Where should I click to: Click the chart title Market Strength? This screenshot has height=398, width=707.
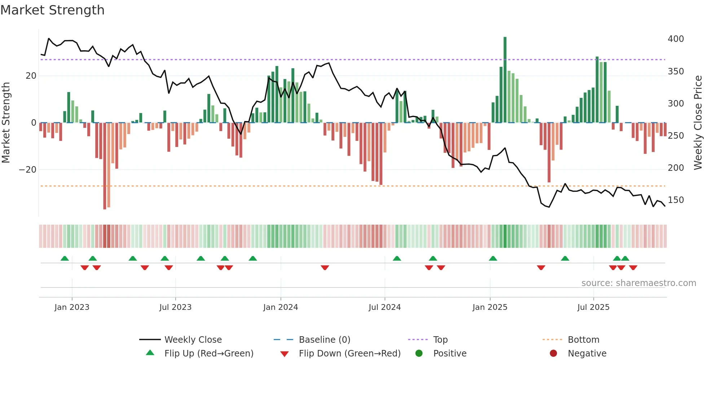tap(52, 10)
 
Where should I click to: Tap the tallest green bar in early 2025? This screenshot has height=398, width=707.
tap(505, 79)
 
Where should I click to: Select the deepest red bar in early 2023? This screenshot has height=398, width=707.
tap(105, 166)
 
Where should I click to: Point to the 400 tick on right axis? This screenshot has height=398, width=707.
tap(676, 39)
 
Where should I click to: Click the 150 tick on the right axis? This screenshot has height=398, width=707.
tap(676, 200)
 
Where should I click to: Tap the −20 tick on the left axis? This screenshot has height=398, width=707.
tap(28, 170)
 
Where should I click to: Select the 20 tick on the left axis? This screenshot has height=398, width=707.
tap(31, 76)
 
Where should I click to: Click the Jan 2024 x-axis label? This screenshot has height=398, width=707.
tap(281, 307)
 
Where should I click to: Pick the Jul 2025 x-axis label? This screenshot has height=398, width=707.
tap(593, 307)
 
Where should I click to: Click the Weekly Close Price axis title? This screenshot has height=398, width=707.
tap(698, 123)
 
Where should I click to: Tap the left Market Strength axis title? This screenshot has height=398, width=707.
tap(6, 123)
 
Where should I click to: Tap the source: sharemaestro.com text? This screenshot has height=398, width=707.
tap(638, 283)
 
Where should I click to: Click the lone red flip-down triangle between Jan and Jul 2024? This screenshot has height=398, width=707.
tap(325, 268)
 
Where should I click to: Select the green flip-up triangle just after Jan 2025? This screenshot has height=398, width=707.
tap(493, 258)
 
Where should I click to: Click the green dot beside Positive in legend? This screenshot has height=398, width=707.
tap(419, 354)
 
